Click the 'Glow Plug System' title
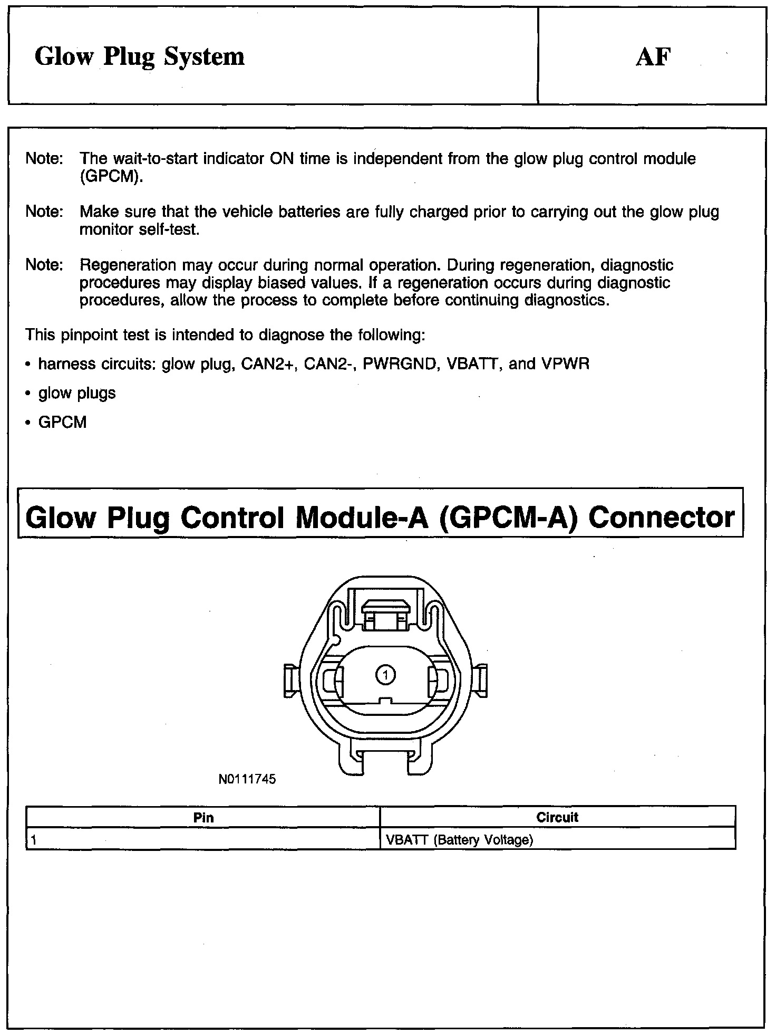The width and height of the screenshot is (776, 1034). coord(140,57)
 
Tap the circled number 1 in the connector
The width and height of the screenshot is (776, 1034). coord(386,674)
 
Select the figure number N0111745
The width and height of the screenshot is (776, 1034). coord(247,779)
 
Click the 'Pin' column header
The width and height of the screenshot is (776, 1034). coord(203,818)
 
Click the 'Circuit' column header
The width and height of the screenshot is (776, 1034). coord(557,818)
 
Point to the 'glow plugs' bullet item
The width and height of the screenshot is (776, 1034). coord(77,393)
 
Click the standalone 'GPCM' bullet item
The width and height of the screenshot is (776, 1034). coord(62,423)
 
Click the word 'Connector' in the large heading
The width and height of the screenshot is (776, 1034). coord(661,517)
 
